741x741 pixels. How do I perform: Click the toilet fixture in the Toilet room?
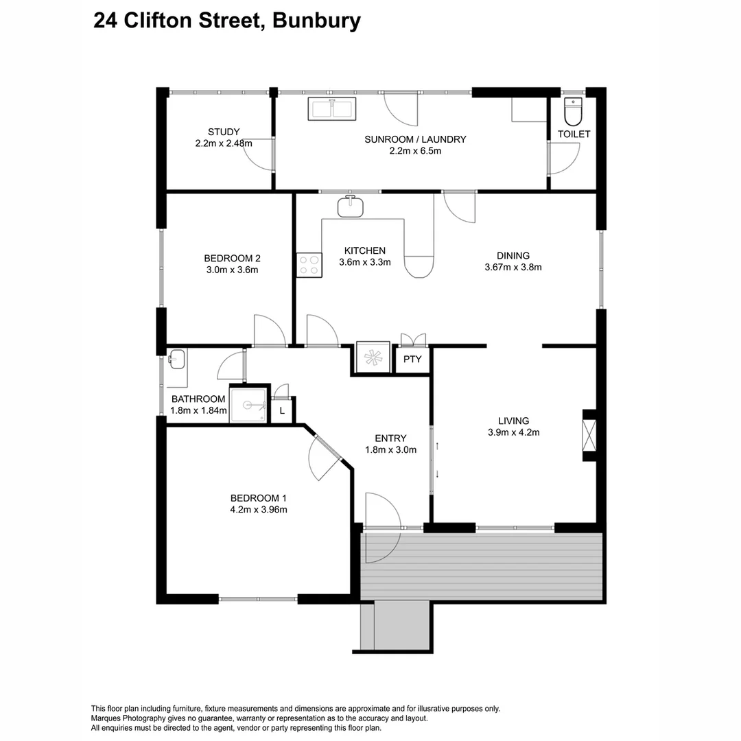click(572, 110)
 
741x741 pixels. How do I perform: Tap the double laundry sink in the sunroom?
click(332, 108)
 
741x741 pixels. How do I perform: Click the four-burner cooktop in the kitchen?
click(309, 265)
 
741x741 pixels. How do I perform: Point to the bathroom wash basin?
click(176, 359)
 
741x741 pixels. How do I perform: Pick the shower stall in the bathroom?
click(247, 405)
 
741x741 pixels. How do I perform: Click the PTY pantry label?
click(412, 360)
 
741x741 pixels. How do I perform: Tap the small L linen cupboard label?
click(282, 411)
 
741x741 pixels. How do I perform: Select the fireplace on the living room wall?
click(589, 434)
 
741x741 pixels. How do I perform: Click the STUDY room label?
click(224, 132)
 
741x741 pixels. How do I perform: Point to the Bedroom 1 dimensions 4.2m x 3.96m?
click(258, 510)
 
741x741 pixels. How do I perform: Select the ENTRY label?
click(390, 438)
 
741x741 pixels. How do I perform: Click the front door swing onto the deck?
click(381, 528)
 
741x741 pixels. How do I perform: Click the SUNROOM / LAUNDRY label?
click(415, 139)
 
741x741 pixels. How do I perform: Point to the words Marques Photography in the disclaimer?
click(123, 718)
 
